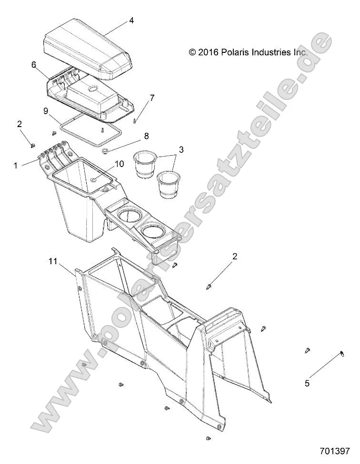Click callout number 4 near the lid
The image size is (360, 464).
[x=131, y=20]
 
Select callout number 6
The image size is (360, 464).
[x=34, y=64]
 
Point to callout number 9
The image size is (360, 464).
[x=46, y=111]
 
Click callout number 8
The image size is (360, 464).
[x=146, y=136]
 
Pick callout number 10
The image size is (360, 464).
[x=120, y=163]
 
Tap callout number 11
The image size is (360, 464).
[x=53, y=261]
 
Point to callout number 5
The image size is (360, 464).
[x=307, y=383]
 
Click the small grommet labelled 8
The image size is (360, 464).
[x=106, y=151]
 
